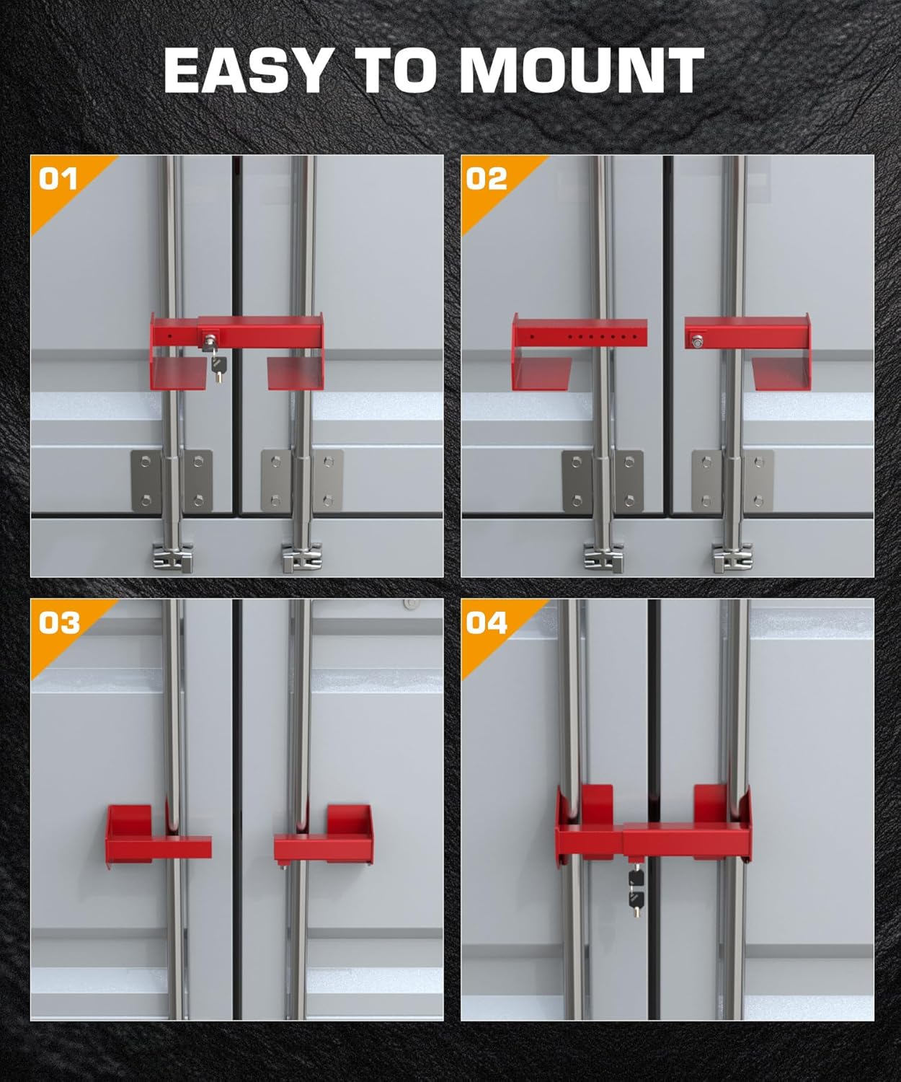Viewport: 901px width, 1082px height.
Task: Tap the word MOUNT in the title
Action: tap(581, 71)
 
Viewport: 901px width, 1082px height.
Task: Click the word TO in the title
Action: tap(394, 71)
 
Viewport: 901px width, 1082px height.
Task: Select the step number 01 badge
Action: tap(57, 178)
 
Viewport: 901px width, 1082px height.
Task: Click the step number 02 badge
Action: tap(487, 178)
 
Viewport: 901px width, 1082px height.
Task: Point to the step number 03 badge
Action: tap(58, 622)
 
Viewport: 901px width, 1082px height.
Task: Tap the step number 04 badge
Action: tap(487, 622)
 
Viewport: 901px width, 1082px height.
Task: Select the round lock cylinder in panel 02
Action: tap(698, 341)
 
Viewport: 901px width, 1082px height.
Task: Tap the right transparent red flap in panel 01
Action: tap(293, 373)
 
